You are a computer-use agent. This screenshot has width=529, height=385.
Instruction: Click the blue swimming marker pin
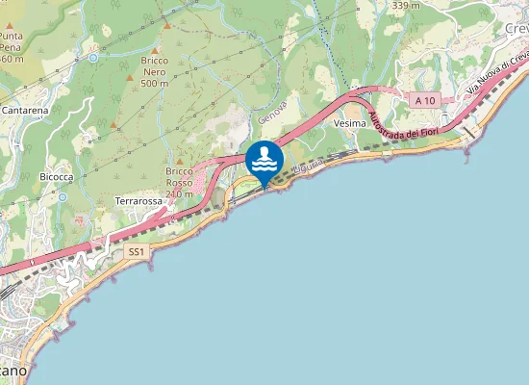264,160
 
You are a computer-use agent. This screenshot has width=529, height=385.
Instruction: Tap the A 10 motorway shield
424,100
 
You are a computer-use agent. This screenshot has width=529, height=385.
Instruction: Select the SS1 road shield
137,252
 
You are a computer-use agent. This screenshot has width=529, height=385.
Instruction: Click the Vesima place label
349,124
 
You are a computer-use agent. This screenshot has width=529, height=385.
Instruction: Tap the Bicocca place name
57,177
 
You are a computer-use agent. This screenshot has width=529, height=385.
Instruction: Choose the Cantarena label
26,113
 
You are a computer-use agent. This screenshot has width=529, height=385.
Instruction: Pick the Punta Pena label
11,39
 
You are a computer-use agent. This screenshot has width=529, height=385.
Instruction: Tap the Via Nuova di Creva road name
497,72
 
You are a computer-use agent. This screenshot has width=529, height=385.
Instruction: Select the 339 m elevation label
407,6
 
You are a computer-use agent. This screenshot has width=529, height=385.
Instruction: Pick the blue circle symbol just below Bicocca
62,196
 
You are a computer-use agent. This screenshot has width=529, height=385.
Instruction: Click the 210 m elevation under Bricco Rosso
180,193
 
